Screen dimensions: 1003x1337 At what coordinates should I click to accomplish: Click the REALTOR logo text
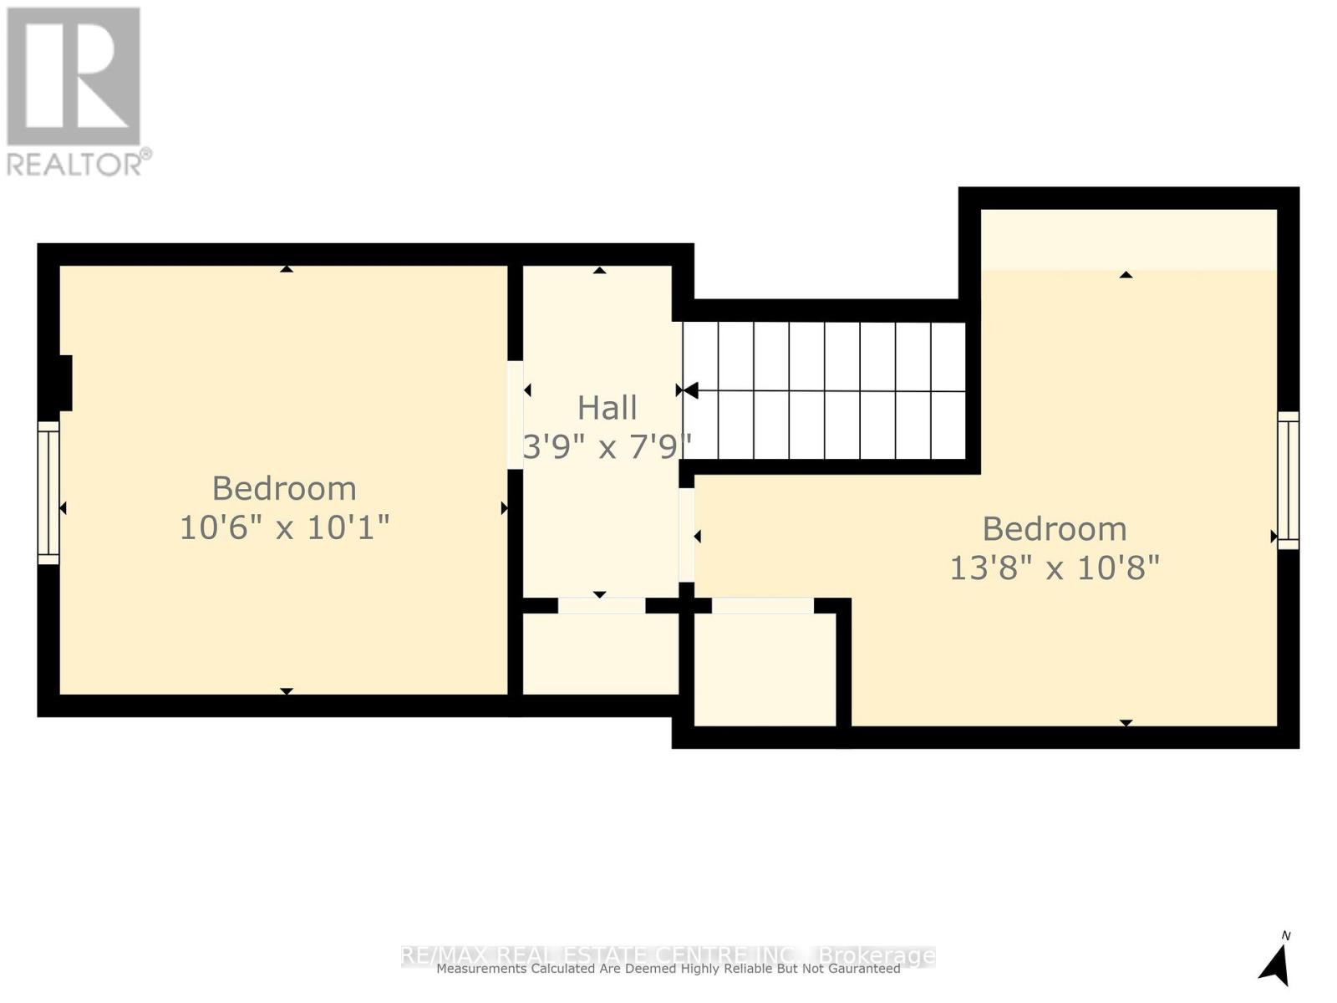pyautogui.click(x=79, y=163)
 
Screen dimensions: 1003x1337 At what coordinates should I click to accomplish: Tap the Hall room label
pyautogui.click(x=607, y=408)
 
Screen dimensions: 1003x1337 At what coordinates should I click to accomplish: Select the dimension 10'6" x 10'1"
pyautogui.click(x=284, y=527)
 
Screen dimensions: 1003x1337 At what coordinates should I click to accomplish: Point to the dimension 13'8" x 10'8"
pyautogui.click(x=1055, y=568)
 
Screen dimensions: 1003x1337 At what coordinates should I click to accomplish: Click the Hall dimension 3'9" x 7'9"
pyautogui.click(x=607, y=447)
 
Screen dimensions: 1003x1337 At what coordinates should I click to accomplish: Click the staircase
pyautogui.click(x=824, y=390)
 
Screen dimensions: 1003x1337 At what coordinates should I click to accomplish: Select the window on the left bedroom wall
pyautogui.click(x=48, y=492)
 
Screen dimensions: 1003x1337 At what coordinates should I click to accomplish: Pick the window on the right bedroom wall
pyautogui.click(x=1289, y=480)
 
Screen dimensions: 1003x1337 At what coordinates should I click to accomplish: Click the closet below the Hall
pyautogui.click(x=600, y=654)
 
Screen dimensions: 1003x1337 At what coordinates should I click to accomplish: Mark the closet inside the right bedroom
pyautogui.click(x=765, y=670)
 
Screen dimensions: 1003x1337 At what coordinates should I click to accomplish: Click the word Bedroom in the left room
pyautogui.click(x=284, y=488)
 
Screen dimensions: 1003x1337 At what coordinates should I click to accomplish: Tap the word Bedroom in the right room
pyautogui.click(x=1055, y=529)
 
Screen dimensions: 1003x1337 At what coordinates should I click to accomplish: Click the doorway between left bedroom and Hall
pyautogui.click(x=515, y=415)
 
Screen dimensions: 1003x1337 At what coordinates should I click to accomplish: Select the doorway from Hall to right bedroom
pyautogui.click(x=686, y=535)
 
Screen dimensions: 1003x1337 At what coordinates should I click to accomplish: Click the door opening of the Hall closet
pyautogui.click(x=602, y=605)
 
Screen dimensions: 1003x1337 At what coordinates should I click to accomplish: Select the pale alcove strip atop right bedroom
pyautogui.click(x=1128, y=239)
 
